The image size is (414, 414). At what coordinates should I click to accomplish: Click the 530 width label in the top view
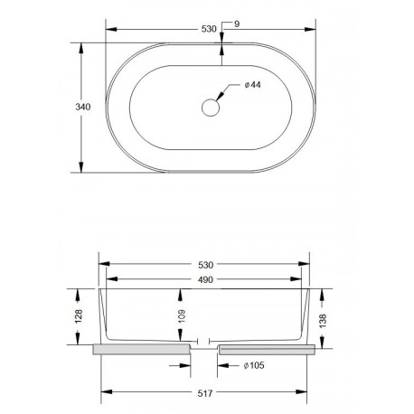click(209, 29)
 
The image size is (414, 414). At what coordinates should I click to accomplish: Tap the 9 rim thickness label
click(237, 24)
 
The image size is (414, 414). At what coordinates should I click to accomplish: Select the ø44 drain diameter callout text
click(252, 85)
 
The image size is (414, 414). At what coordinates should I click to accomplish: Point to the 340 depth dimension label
click(83, 107)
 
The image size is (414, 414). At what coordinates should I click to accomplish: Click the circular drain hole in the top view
click(211, 108)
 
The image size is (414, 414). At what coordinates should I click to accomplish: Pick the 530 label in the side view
click(206, 265)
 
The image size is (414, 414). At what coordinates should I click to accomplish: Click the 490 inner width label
click(205, 279)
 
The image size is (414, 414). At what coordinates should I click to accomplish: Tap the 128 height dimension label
click(79, 316)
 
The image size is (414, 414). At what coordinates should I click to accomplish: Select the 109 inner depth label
click(182, 316)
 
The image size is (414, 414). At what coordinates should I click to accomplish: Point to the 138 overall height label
click(323, 321)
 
